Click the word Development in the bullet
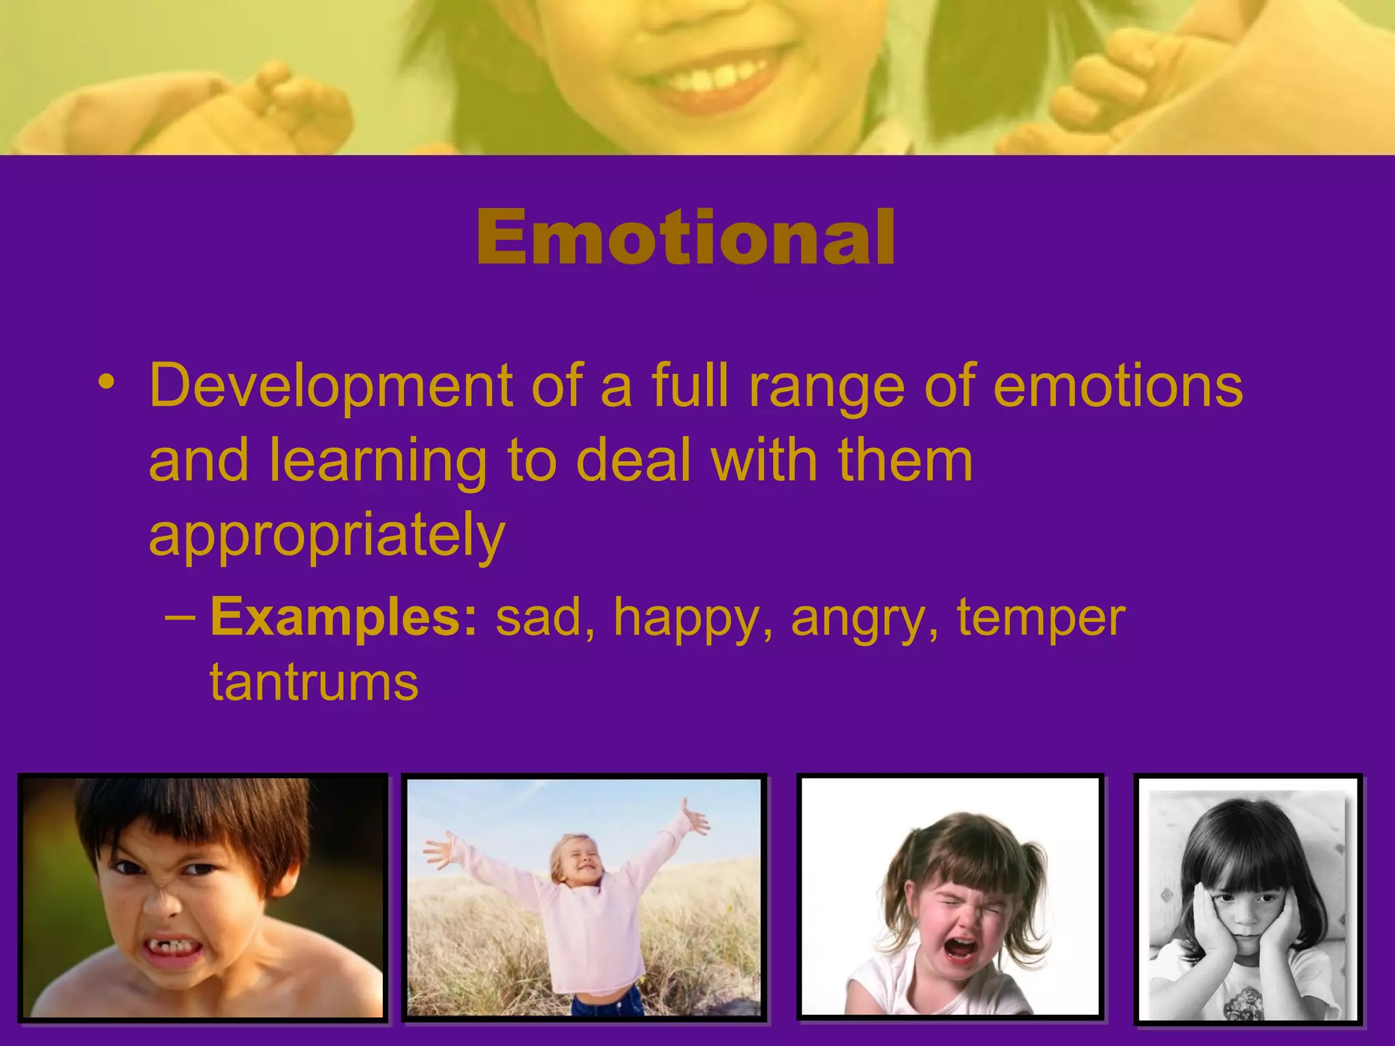click(x=330, y=385)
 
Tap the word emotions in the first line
click(x=1118, y=385)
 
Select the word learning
click(x=377, y=462)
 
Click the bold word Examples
click(x=345, y=617)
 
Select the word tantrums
click(x=314, y=682)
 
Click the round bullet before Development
click(x=106, y=381)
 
